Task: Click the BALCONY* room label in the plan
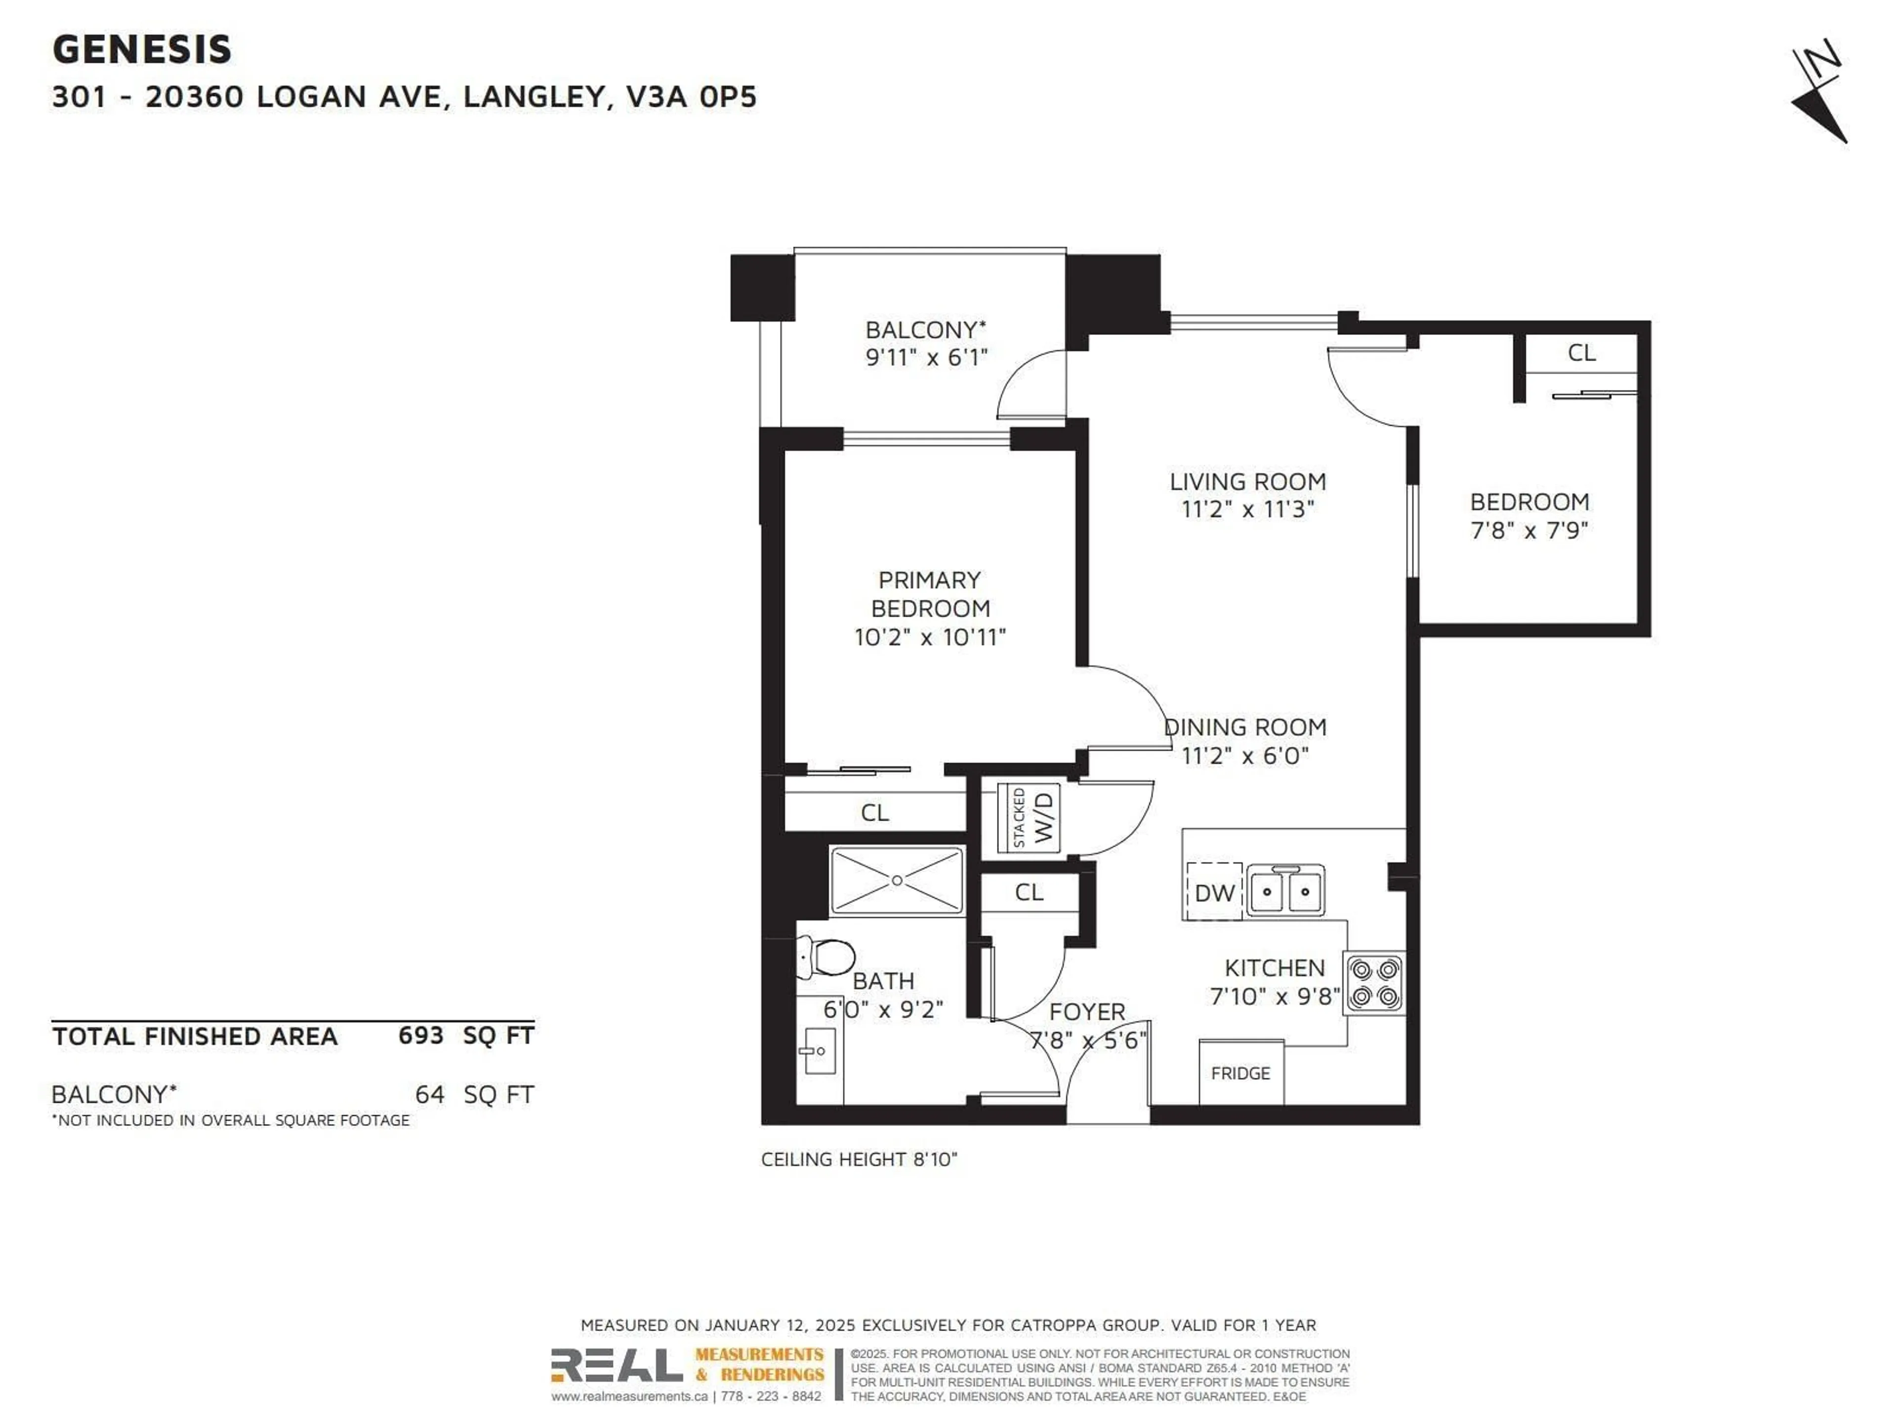coord(925,330)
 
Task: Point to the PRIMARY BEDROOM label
coord(930,594)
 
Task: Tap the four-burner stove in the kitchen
coord(1375,984)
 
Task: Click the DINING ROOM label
coord(1245,727)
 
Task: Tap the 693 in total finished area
coord(420,1035)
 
